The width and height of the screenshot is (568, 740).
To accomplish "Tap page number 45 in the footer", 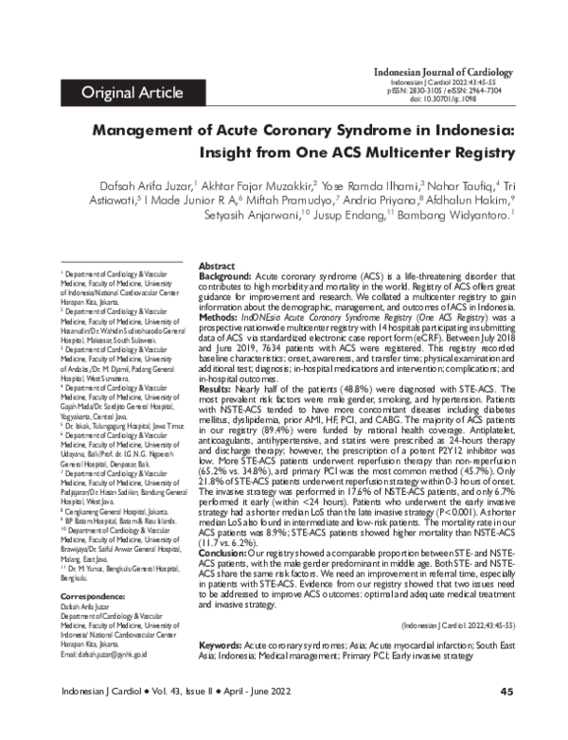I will (x=506, y=718).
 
